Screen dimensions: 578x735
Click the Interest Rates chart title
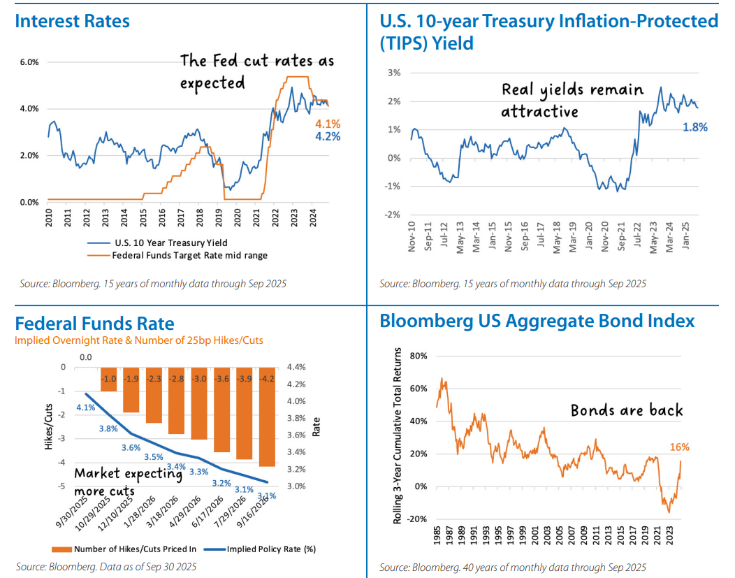(72, 21)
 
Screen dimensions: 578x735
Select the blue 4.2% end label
(328, 136)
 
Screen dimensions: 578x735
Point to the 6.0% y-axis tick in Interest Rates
(29, 62)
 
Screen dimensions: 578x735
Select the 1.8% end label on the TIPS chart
(695, 127)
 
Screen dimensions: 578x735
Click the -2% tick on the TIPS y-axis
(393, 214)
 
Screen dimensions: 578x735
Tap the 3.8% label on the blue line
(108, 429)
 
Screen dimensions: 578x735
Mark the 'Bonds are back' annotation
(627, 410)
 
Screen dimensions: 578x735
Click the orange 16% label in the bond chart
(680, 447)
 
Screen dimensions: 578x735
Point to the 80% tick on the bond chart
(419, 356)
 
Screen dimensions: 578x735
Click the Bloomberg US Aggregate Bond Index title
(537, 321)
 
